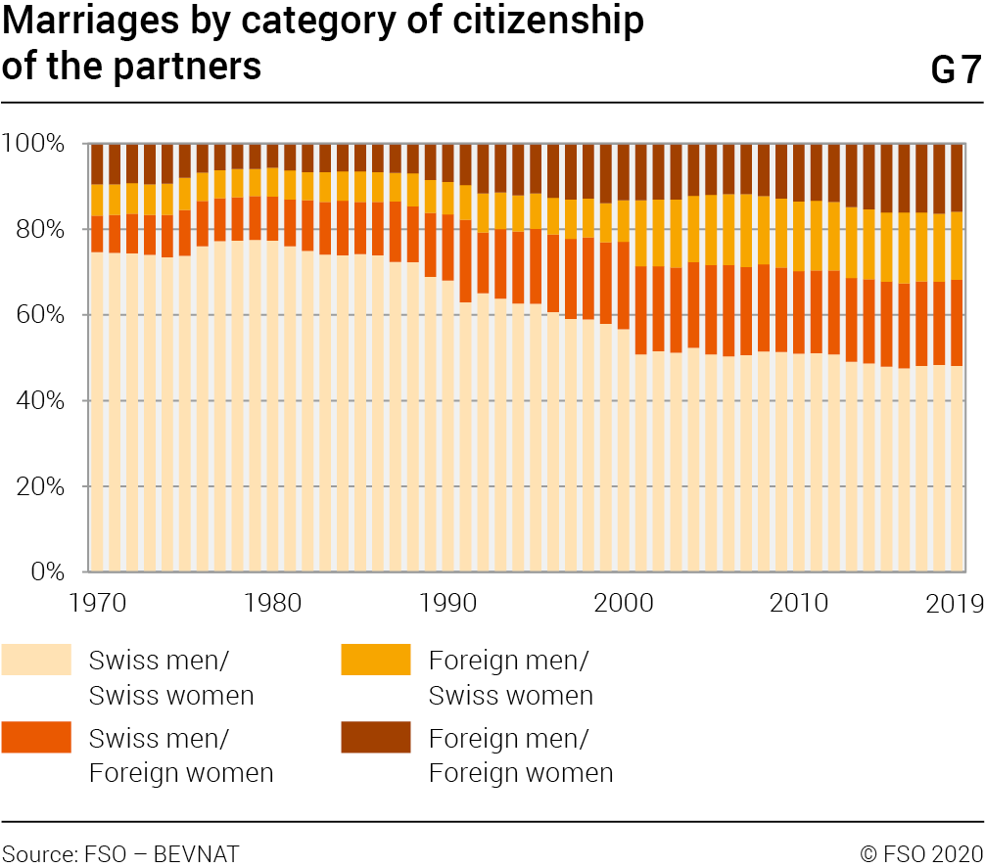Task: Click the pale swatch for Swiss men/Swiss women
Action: (36, 660)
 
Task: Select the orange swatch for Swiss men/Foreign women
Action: (36, 737)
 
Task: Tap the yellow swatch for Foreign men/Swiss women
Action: (376, 660)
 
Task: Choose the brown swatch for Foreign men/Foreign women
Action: (376, 737)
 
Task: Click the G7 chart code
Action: (955, 70)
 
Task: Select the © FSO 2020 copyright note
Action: (921, 853)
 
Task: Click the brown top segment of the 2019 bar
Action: (957, 177)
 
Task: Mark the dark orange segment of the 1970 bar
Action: (97, 234)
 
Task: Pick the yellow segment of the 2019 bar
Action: (957, 246)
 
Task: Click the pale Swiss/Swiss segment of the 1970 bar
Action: (97, 411)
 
